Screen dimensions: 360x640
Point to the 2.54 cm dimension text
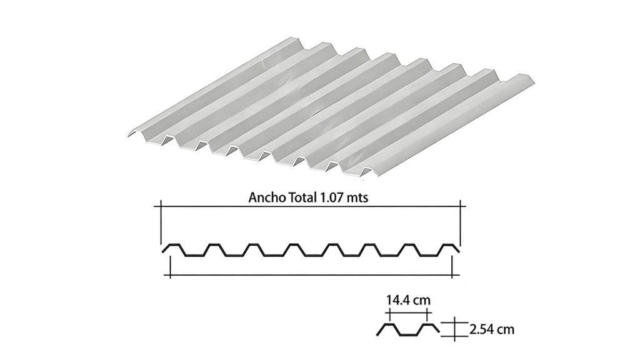pos(492,329)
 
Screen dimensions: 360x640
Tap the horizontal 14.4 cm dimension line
pos(408,312)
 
